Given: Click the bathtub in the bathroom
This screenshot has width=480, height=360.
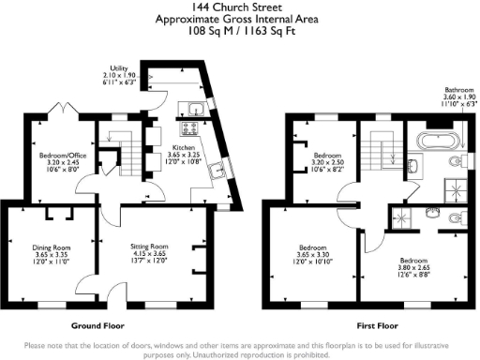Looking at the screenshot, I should click(438, 142).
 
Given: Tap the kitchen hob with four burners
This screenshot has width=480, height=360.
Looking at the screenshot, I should click(189, 126).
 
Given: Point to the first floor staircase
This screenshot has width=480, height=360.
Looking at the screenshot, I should click(381, 151).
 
